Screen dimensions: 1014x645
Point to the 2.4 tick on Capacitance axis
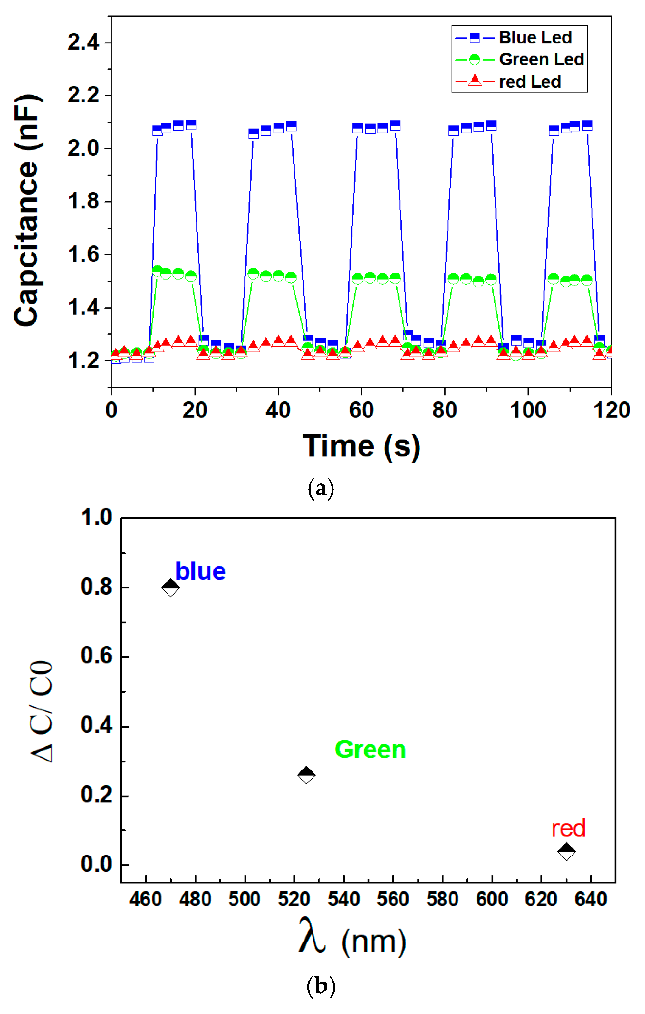point(83,43)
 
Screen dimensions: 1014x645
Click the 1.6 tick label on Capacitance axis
point(83,255)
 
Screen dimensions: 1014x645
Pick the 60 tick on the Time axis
point(361,410)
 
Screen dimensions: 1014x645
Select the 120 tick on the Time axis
point(611,410)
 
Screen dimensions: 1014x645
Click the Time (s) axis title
point(361,446)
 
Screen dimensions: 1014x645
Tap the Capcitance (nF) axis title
point(27,211)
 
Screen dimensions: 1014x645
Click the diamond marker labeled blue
point(171,588)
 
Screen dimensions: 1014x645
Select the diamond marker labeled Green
point(306,775)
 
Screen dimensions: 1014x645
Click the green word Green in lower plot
point(370,750)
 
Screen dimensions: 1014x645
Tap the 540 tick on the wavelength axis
point(344,899)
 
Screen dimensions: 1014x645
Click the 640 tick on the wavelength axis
point(591,899)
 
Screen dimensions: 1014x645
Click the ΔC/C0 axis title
point(42,712)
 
